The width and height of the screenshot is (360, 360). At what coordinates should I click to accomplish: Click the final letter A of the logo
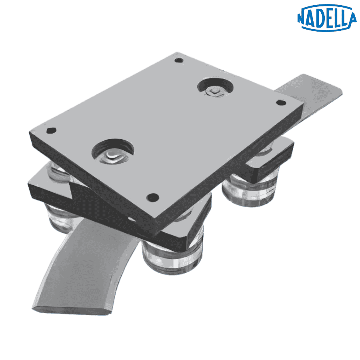tap(351, 18)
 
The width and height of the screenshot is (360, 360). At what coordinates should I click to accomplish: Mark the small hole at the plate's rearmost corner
tap(179, 61)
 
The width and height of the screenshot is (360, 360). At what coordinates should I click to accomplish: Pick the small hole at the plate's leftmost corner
tap(51, 130)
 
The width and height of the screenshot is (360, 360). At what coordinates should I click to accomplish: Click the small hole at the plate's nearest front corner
tap(152, 197)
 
